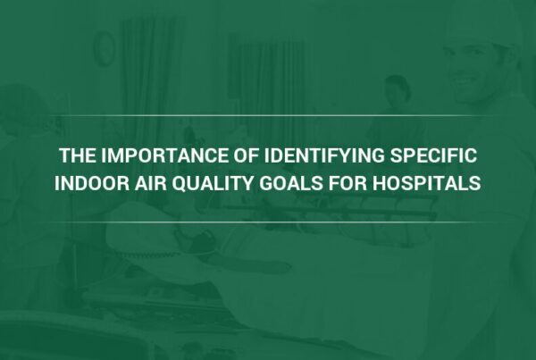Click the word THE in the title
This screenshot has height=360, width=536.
pyautogui.click(x=77, y=155)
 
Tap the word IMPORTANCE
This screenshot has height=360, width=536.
pyautogui.click(x=164, y=155)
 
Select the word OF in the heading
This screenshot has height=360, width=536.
pyautogui.click(x=247, y=155)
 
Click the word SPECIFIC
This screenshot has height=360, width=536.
pyautogui.click(x=433, y=155)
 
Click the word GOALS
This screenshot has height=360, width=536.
pyautogui.click(x=291, y=183)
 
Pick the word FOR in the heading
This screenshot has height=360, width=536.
pyautogui.click(x=348, y=183)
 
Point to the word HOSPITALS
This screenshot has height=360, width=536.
pyautogui.click(x=427, y=183)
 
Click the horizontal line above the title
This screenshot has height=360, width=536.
pyautogui.click(x=268, y=115)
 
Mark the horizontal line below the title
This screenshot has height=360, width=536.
pyautogui.click(x=268, y=222)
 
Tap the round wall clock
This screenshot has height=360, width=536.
pyautogui.click(x=104, y=48)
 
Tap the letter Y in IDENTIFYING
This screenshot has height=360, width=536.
pyautogui.click(x=342, y=155)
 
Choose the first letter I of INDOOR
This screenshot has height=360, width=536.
pyautogui.click(x=57, y=183)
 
